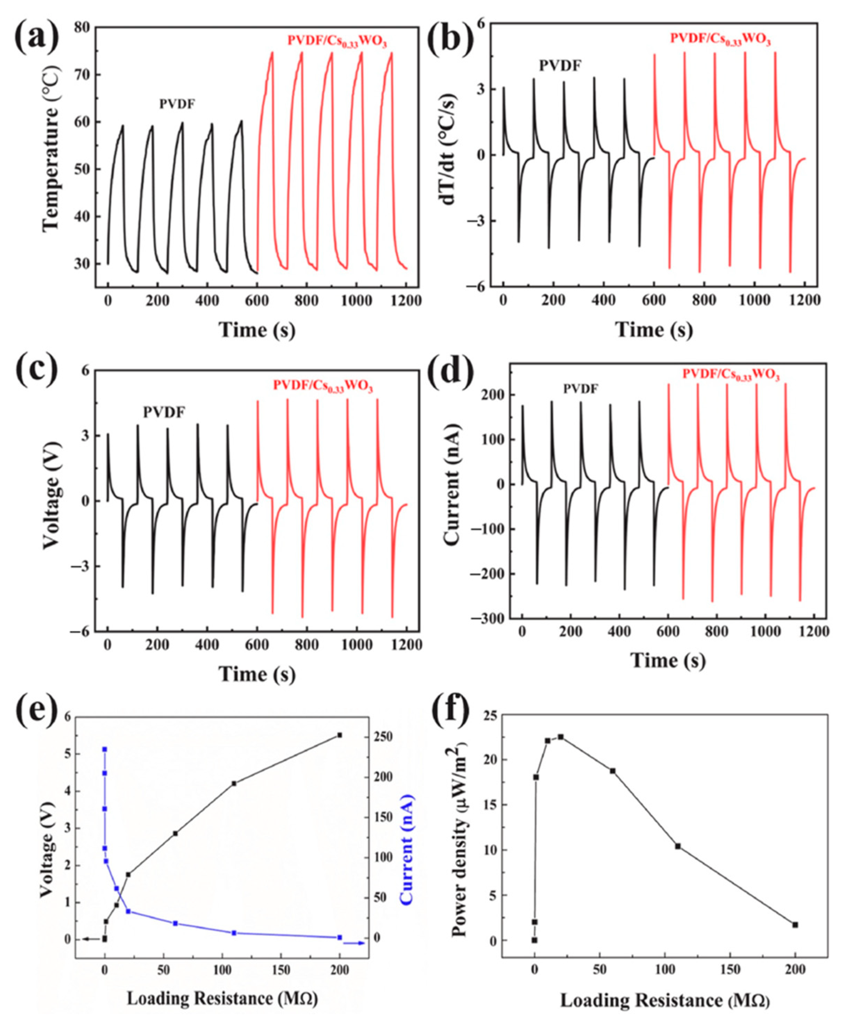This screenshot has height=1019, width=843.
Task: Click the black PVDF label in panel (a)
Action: [x=177, y=104]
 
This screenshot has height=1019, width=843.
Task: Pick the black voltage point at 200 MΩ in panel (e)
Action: [x=340, y=735]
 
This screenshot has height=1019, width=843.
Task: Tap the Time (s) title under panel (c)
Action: [x=257, y=674]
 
